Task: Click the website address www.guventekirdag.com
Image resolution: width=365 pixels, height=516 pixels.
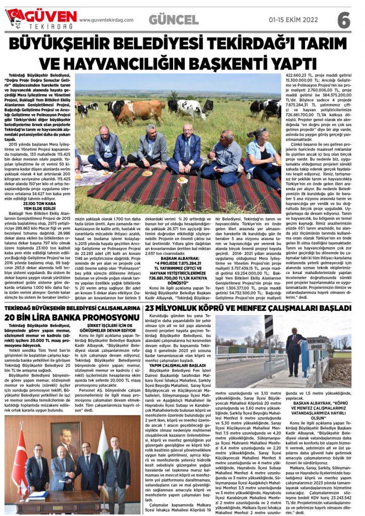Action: click(106, 20)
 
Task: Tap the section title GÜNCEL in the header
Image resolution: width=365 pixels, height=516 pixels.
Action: click(173, 20)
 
